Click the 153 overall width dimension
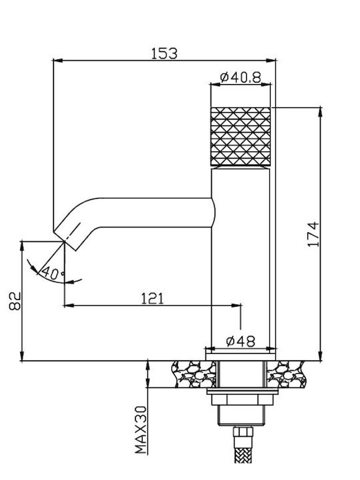click(164, 53)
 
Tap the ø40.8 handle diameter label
click(241, 77)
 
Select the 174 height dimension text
click(313, 234)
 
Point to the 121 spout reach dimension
click(153, 299)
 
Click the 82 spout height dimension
click(15, 301)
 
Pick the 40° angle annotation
click(53, 273)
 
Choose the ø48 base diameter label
click(241, 341)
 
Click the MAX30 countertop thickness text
click(141, 430)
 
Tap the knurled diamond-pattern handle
click(241, 137)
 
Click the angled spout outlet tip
click(65, 240)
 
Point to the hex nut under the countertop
click(243, 399)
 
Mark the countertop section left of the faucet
click(195, 374)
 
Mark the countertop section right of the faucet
click(286, 374)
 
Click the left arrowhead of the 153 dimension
click(57, 61)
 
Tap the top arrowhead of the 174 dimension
click(321, 111)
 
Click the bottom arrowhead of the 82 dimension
click(22, 356)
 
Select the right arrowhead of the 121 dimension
click(237, 305)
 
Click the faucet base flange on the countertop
click(241, 357)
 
